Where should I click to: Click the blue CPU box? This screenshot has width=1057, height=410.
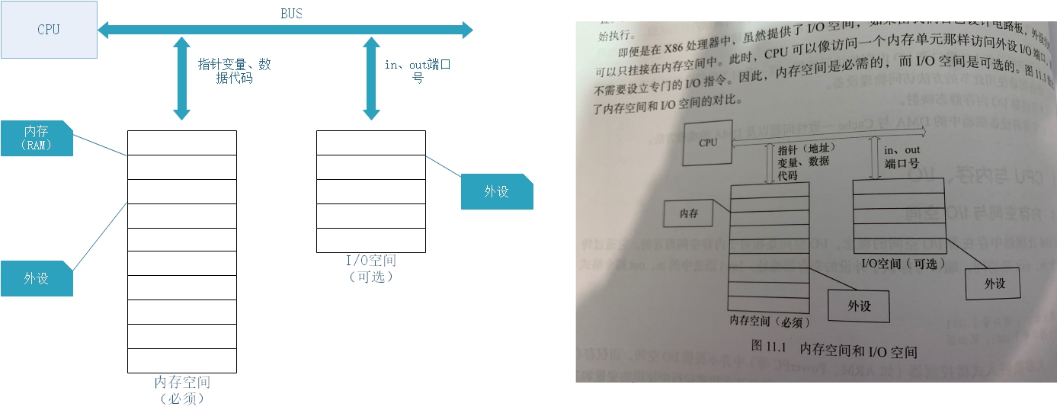click(x=49, y=30)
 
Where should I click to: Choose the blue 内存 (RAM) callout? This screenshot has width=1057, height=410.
click(x=37, y=138)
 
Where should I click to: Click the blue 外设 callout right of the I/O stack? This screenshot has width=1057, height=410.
click(x=497, y=191)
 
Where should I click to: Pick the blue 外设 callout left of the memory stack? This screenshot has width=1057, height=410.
click(x=37, y=278)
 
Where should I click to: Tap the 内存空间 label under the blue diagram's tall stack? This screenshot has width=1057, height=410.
click(x=182, y=382)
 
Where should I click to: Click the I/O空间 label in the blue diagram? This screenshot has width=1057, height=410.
click(x=371, y=261)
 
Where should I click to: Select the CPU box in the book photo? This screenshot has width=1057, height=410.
click(x=708, y=143)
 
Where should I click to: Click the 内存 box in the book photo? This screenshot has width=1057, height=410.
click(x=689, y=214)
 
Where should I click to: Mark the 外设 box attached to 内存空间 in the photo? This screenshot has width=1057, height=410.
click(x=859, y=306)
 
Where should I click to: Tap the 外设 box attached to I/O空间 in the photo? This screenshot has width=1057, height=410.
click(x=995, y=283)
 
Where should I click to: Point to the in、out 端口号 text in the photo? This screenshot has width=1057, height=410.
click(x=902, y=156)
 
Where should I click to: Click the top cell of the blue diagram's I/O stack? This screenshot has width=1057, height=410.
click(x=371, y=143)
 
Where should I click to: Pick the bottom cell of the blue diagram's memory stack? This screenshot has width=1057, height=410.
click(x=182, y=360)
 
